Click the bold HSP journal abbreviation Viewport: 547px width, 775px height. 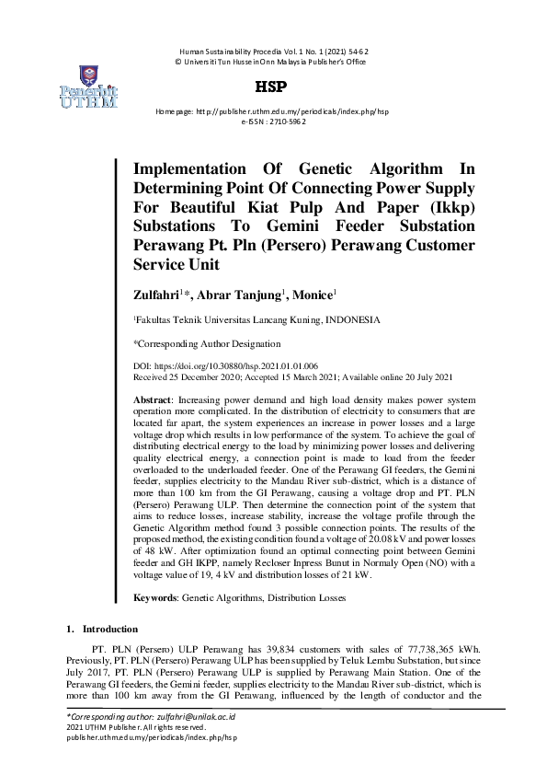tap(273, 87)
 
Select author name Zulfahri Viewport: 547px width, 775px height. tap(159, 295)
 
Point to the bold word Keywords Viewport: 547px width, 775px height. tap(155, 598)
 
